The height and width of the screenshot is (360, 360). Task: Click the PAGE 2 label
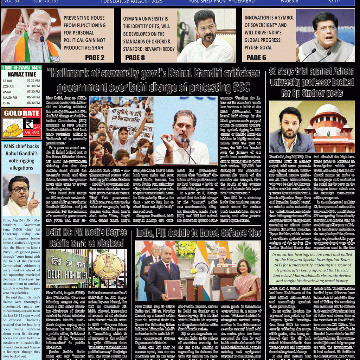[95, 58]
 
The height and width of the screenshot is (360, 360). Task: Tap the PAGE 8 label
[135, 58]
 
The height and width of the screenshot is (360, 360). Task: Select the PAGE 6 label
[256, 58]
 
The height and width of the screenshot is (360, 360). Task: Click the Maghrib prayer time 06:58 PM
[33, 97]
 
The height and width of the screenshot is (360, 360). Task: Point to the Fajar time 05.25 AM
[33, 81]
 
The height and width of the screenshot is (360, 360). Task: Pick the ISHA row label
[7, 103]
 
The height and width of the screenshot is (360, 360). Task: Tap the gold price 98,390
[32, 133]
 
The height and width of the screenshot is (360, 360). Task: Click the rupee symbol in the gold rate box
[29, 124]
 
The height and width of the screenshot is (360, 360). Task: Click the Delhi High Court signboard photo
[67, 269]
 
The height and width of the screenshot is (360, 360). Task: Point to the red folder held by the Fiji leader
[173, 289]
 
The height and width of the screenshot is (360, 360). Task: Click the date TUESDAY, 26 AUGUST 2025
[132, 2]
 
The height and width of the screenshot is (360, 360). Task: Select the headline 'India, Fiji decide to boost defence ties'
[198, 233]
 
